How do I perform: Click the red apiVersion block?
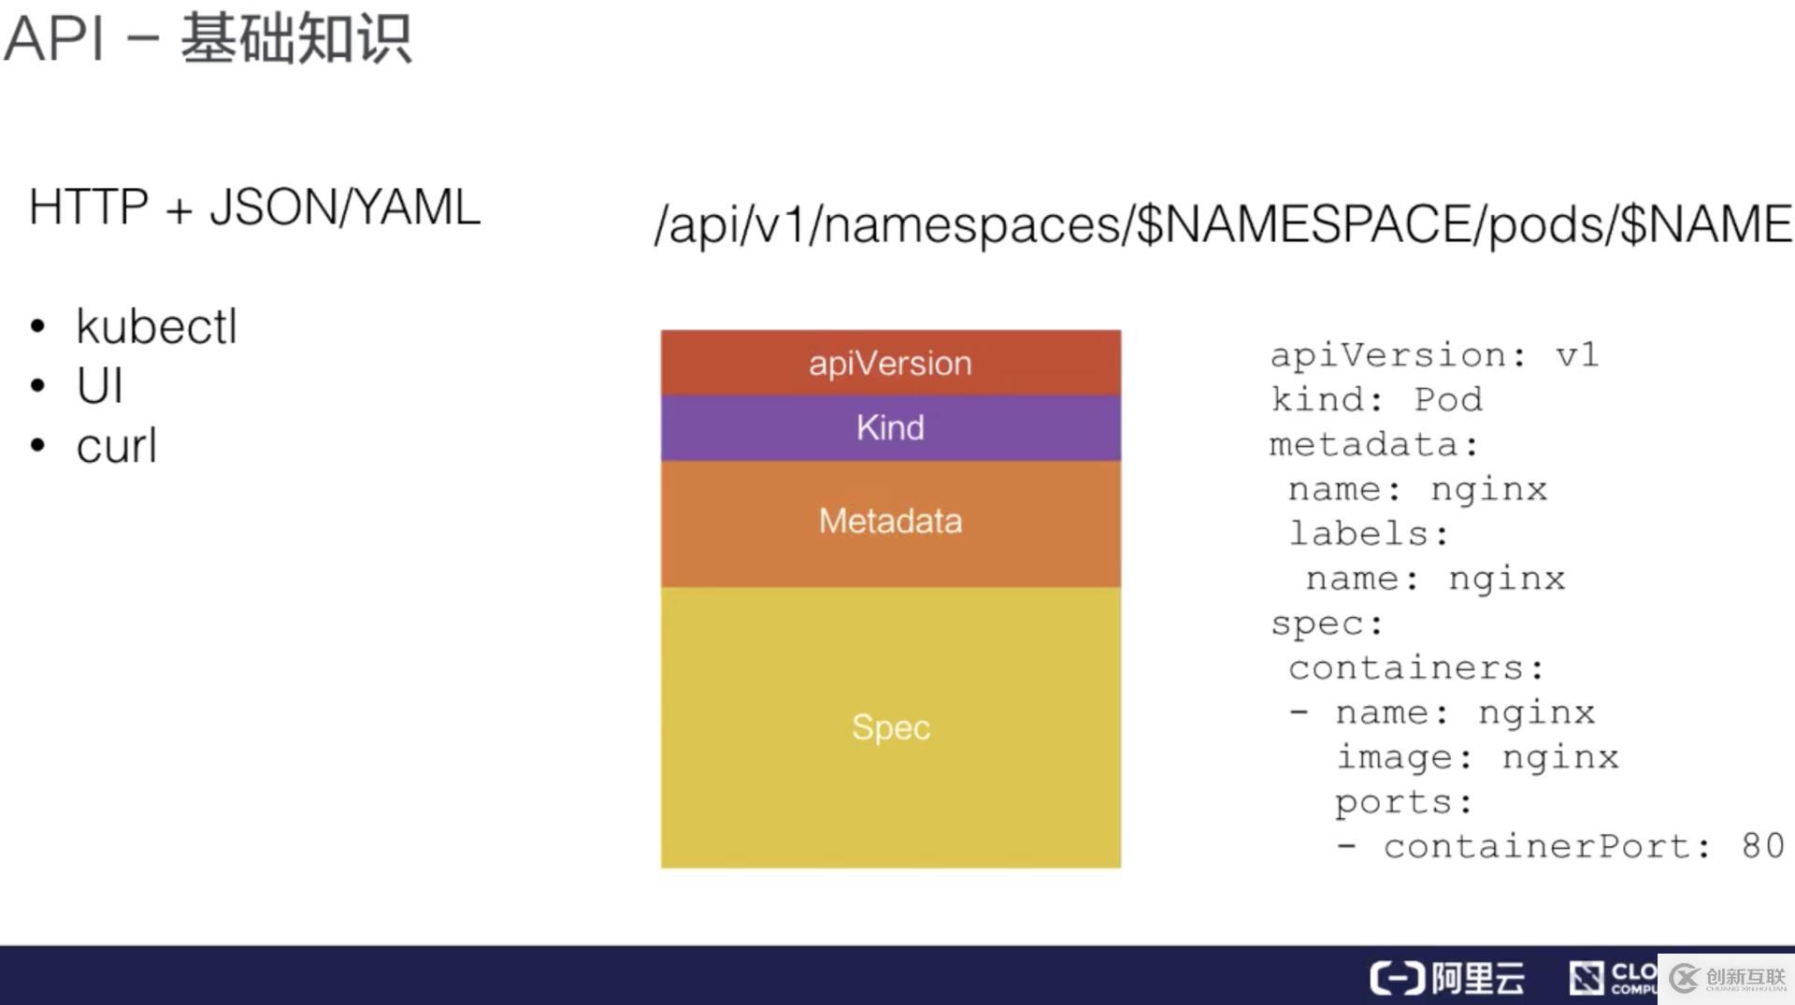pyautogui.click(x=890, y=363)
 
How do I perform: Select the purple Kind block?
pyautogui.click(x=890, y=428)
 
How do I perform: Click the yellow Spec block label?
pyautogui.click(x=890, y=727)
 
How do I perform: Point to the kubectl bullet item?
pyautogui.click(x=156, y=326)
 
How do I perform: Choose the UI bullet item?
pyautogui.click(x=99, y=385)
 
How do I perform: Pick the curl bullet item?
pyautogui.click(x=116, y=445)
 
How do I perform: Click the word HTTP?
pyautogui.click(x=89, y=207)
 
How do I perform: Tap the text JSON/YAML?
pyautogui.click(x=345, y=208)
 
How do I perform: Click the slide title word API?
pyautogui.click(x=53, y=39)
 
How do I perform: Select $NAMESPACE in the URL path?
pyautogui.click(x=1304, y=224)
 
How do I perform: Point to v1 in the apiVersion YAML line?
pyautogui.click(x=1577, y=355)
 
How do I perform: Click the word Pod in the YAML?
pyautogui.click(x=1448, y=399)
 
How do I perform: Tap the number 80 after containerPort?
pyautogui.click(x=1763, y=845)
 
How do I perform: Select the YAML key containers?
pyautogui.click(x=1416, y=668)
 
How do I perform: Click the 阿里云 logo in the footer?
pyautogui.click(x=1447, y=978)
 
